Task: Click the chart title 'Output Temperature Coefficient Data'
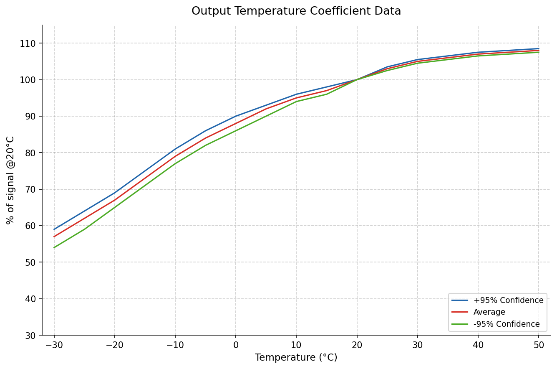296,11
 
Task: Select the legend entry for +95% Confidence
508,300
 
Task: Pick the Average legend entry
489,312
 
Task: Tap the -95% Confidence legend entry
507,324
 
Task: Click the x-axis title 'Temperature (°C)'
296,358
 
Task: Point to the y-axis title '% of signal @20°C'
11,180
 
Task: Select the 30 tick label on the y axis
31,335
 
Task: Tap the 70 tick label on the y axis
31,189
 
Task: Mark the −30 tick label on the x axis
54,345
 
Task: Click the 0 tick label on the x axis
236,345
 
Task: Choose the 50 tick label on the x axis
539,345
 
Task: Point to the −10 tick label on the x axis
175,345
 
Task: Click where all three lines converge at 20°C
357,80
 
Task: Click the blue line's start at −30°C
54,229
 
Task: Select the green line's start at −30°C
54,247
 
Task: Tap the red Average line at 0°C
236,124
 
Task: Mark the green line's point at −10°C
175,163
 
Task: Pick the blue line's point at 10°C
296,94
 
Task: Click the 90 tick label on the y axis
31,116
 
